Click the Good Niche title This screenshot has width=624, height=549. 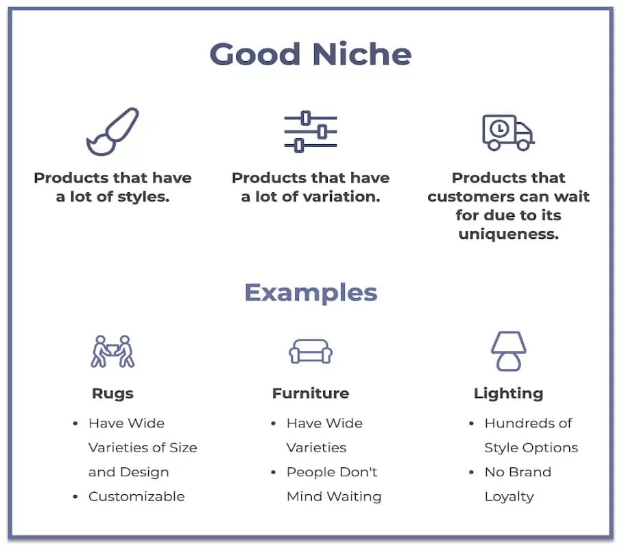[x=311, y=54]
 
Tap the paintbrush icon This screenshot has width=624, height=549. [x=112, y=131]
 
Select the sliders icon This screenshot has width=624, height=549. [x=311, y=131]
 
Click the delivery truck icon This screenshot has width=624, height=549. [x=507, y=132]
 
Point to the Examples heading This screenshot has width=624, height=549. [x=311, y=292]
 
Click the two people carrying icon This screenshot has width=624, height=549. [x=112, y=351]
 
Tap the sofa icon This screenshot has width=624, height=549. [x=311, y=352]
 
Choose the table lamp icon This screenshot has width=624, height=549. [x=508, y=351]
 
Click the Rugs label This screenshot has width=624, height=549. [x=112, y=393]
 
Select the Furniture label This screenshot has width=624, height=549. [x=311, y=393]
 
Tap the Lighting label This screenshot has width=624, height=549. [x=508, y=393]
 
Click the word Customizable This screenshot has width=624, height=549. [x=136, y=496]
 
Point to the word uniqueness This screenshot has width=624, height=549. [x=508, y=234]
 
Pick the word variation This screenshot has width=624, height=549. [x=346, y=197]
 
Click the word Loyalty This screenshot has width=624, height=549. [x=509, y=496]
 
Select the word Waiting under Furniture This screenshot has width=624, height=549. [x=355, y=496]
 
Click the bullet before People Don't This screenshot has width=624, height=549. [x=273, y=472]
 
